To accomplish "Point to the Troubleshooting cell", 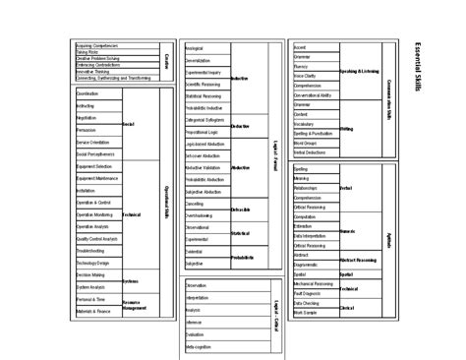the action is [89, 251].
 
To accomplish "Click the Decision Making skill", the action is [89, 274].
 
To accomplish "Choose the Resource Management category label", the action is [135, 304].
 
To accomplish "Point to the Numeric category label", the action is [347, 232].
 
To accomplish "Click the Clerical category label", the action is [347, 309].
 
